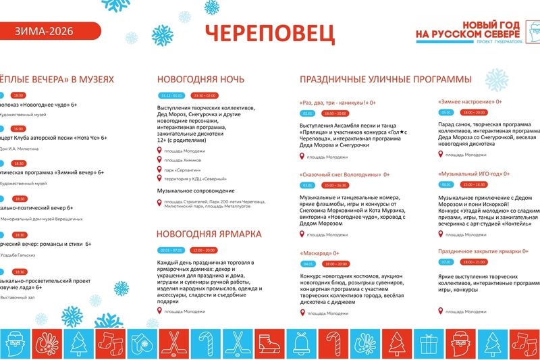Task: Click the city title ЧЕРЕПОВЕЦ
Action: tap(269, 33)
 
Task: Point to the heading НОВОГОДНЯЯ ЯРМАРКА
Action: tap(209, 234)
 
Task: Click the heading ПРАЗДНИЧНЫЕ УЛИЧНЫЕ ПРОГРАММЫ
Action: tap(385, 79)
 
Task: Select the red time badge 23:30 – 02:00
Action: tap(205, 95)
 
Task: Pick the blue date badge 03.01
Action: tap(308, 184)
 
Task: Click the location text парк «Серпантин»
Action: tap(179, 170)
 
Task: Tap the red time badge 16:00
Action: tap(18, 128)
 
